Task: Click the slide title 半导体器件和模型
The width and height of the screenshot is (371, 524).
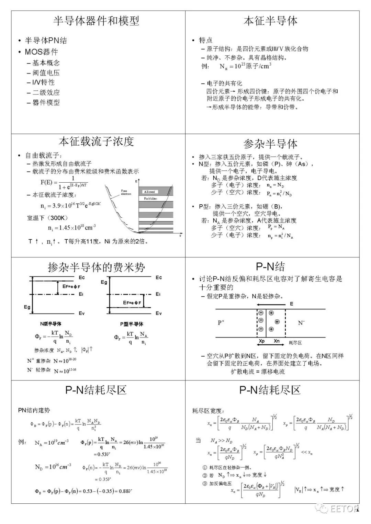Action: (96, 21)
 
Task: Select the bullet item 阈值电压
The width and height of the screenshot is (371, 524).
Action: (46, 73)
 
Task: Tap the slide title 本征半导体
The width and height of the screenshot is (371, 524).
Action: (270, 21)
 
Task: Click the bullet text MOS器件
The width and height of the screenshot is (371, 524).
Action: (41, 52)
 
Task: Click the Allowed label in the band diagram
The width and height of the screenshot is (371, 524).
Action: (149, 192)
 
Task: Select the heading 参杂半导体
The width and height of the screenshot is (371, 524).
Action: (270, 144)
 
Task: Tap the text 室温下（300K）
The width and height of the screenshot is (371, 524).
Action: (48, 218)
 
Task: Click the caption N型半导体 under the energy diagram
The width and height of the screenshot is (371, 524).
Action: (50, 324)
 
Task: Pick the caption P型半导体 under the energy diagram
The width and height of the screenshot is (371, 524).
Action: (132, 324)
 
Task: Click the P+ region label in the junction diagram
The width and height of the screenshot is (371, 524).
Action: (221, 323)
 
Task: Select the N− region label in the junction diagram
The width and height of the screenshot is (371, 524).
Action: (301, 323)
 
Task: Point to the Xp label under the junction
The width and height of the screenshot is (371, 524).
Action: (262, 341)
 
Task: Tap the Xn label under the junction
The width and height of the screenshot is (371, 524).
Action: (277, 341)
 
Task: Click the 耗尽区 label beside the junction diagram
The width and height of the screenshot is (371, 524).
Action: (295, 343)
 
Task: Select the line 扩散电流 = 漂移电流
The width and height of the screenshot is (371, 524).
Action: (258, 372)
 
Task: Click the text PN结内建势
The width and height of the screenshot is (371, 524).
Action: (34, 410)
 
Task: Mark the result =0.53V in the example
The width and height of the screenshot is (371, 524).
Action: (102, 454)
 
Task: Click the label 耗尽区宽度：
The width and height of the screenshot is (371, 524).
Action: (208, 411)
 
